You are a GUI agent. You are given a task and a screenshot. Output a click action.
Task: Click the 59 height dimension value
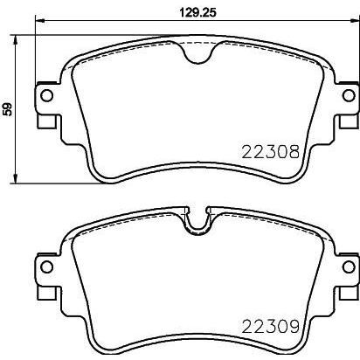click(8, 109)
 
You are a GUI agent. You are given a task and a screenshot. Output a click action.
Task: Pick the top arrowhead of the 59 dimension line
click(20, 39)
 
